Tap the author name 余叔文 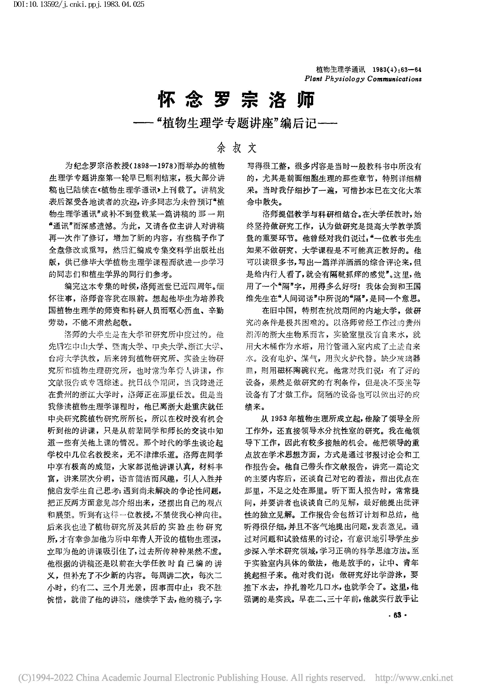[237, 148]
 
